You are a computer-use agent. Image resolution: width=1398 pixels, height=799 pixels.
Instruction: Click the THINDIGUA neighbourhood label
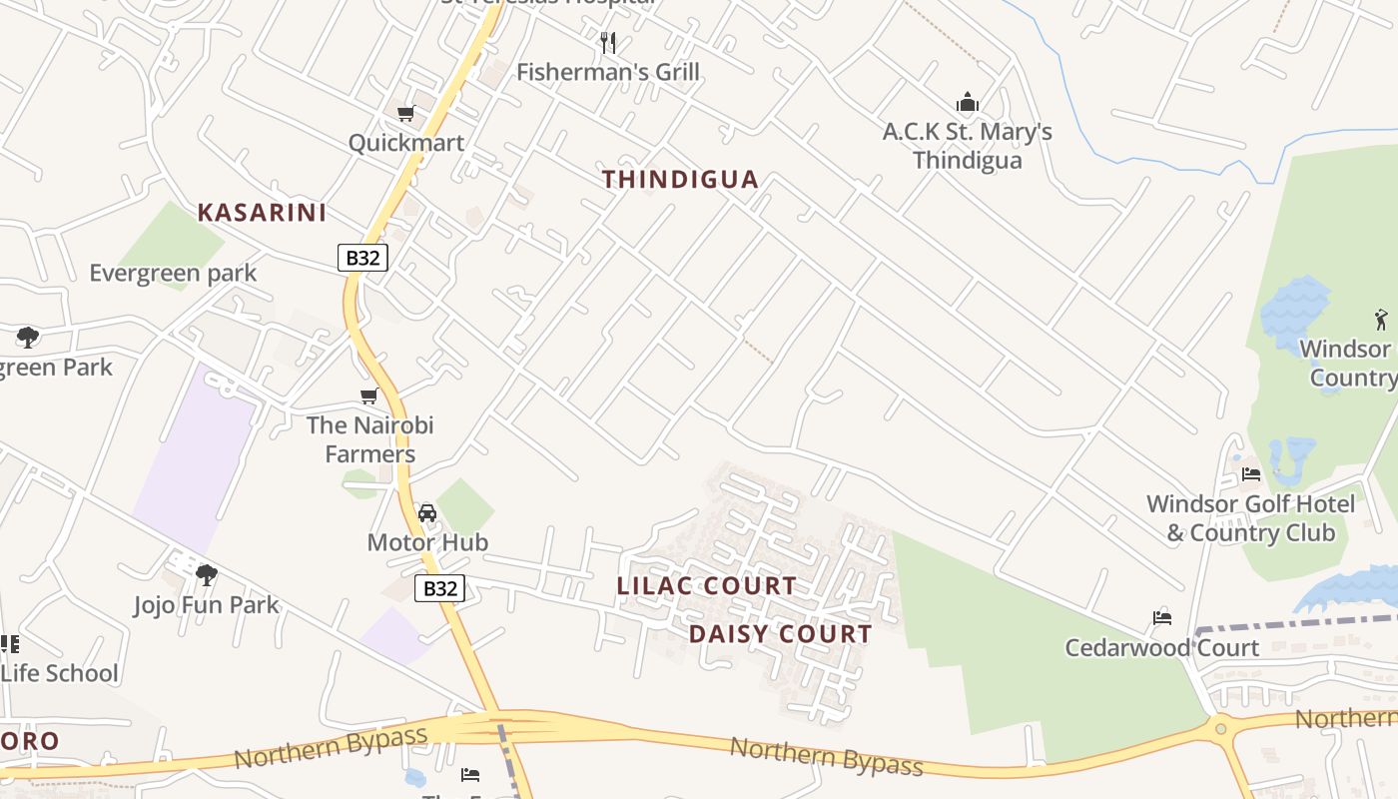[x=680, y=180]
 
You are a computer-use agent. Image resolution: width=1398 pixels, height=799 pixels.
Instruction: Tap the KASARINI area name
[x=262, y=213]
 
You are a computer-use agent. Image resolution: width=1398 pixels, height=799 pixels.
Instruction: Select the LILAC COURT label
[x=706, y=586]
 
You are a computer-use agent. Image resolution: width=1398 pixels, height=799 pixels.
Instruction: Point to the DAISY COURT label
[x=780, y=634]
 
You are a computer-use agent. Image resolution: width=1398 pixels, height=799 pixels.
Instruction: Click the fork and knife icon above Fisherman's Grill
[x=608, y=42]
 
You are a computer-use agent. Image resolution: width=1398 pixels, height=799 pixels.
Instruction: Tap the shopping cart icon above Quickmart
[x=405, y=114]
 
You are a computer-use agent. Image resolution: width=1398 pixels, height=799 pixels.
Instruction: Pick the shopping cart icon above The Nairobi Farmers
[x=368, y=397]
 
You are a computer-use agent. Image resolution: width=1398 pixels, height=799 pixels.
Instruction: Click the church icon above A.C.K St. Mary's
[x=967, y=102]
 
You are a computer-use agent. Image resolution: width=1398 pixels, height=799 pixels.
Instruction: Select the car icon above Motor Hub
[x=427, y=513]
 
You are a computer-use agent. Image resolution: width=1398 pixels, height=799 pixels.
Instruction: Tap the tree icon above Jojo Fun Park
[x=207, y=575]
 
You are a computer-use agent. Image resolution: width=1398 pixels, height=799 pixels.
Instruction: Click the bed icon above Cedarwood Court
[x=1161, y=618]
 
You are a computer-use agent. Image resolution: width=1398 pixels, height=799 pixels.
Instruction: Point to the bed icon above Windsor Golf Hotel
[x=1250, y=474]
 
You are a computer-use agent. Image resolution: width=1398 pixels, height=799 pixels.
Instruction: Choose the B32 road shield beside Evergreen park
[x=361, y=258]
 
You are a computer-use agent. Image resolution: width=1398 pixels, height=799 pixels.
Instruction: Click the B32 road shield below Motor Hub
[x=439, y=588]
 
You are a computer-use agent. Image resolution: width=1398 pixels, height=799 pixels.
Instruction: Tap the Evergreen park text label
[x=173, y=274]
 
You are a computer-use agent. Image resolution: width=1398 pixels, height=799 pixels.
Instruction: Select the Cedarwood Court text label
[x=1161, y=648]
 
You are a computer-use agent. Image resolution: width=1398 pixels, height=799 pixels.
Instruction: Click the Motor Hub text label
[x=427, y=542]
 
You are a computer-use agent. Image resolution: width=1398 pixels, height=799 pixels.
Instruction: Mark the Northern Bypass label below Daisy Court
[x=826, y=756]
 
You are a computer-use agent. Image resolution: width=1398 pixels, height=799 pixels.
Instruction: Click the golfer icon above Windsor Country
[x=1381, y=320]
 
